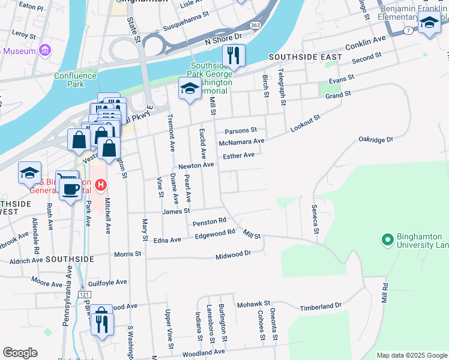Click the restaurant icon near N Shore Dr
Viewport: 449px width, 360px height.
232,56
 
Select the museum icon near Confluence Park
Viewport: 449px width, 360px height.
44,50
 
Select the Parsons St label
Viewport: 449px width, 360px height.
240,130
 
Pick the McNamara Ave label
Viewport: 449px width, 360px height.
242,142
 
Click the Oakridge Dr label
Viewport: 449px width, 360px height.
375,139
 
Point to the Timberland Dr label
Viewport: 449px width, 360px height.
321,306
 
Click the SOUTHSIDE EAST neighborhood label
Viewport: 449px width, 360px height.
305,57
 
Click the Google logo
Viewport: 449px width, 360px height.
20,353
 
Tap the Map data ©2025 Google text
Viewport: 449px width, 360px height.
411,355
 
